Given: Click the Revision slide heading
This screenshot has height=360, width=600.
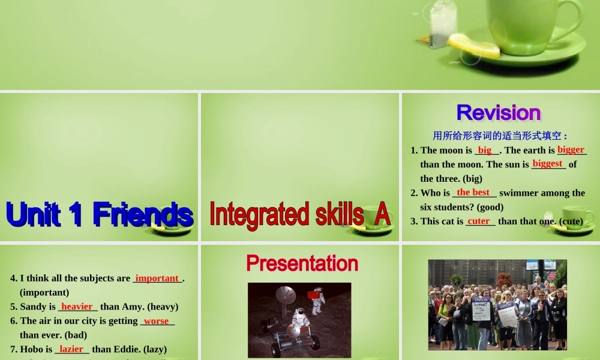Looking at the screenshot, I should pos(499,113).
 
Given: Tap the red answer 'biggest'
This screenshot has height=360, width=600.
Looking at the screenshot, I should pos(547,163).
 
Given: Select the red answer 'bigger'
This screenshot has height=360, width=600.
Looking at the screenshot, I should pos(571,149).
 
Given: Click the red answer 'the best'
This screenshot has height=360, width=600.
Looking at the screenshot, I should pos(473,192).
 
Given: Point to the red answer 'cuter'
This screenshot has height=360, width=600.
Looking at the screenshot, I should pos(479,221).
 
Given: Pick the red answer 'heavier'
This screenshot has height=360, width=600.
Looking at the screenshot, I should pos(77,306).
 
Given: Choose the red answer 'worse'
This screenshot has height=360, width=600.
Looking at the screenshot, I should pos(156,320).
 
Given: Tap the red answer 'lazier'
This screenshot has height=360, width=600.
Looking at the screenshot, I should pos(71,349).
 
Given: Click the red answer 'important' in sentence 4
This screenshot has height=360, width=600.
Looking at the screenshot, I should pos(157,278).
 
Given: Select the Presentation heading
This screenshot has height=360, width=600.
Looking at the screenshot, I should pos(302,263).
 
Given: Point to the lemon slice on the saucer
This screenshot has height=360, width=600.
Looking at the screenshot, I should pos(474,46).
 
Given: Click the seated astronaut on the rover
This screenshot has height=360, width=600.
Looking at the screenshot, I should pos(299,318).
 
